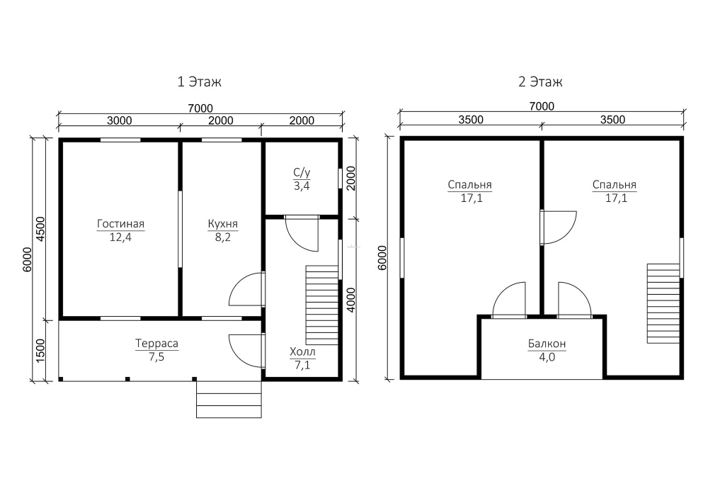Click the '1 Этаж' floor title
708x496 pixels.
point(199,81)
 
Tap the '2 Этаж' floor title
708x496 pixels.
point(540,81)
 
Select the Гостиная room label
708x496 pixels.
point(120,224)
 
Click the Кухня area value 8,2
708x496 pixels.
point(222,237)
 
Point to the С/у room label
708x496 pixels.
point(302,172)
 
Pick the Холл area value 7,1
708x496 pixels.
point(302,365)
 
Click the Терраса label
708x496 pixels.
point(156,344)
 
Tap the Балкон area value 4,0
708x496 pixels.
point(547,357)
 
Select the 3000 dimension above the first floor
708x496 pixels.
point(120,120)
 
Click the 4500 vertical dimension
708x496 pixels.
point(40,229)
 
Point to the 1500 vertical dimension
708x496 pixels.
point(40,351)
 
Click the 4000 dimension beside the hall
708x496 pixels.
point(351,300)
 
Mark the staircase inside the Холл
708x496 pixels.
point(322,305)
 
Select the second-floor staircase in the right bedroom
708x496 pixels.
point(663,303)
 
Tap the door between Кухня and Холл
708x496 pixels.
point(247,289)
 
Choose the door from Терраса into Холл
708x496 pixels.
point(247,351)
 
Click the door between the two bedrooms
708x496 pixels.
point(559,227)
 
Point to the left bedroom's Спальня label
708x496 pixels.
point(469,185)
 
